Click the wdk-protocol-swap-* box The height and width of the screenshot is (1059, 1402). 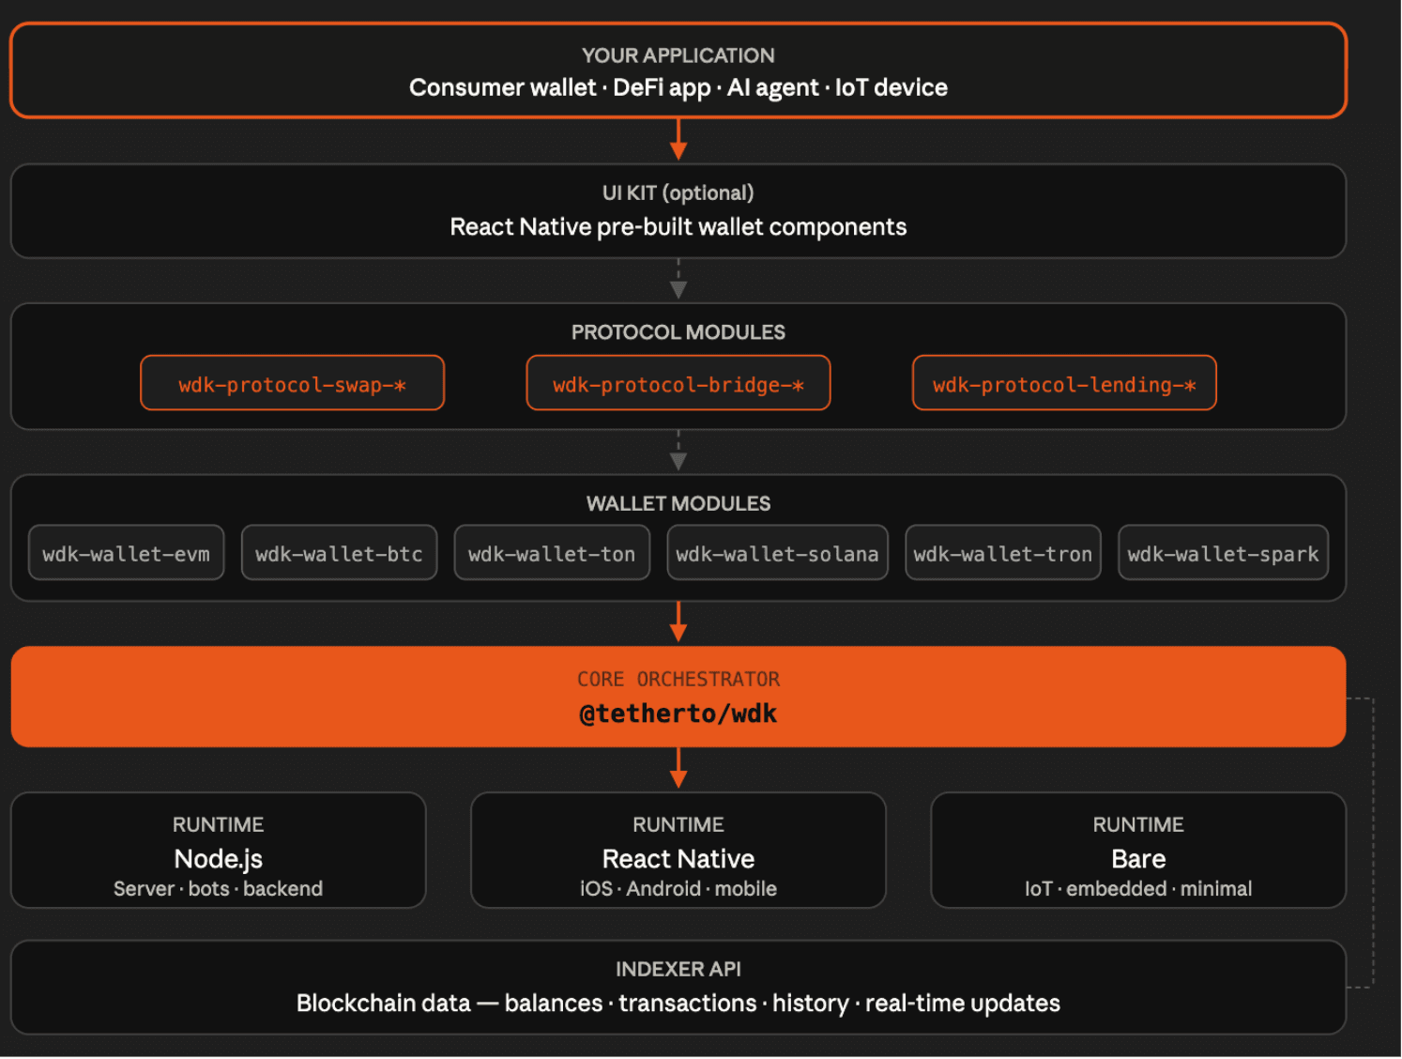pyautogui.click(x=292, y=383)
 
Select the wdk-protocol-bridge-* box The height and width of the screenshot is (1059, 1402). pyautogui.click(x=678, y=383)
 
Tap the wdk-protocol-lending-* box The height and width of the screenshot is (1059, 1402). pyautogui.click(x=1064, y=383)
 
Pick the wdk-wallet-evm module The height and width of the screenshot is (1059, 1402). pyautogui.click(x=126, y=552)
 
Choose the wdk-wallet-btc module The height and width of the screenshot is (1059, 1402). pyautogui.click(x=339, y=552)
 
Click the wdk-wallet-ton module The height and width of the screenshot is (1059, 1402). pyautogui.click(x=552, y=552)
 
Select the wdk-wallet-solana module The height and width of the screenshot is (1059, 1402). pyautogui.click(x=777, y=552)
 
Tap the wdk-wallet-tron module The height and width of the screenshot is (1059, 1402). pyautogui.click(x=1003, y=552)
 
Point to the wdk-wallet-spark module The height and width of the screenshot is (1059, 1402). pyautogui.click(x=1223, y=552)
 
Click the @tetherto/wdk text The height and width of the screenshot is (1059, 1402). pyautogui.click(x=678, y=714)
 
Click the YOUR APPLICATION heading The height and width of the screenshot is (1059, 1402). pyautogui.click(x=678, y=55)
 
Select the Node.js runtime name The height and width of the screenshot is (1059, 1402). pyautogui.click(x=218, y=859)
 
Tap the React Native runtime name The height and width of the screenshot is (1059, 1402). pyautogui.click(x=678, y=859)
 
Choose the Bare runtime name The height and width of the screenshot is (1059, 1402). pyautogui.click(x=1138, y=859)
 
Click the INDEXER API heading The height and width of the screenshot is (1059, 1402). pyautogui.click(x=678, y=969)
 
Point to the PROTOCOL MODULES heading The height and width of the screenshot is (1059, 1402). pyautogui.click(x=678, y=332)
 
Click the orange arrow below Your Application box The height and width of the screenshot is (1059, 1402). pyautogui.click(x=678, y=139)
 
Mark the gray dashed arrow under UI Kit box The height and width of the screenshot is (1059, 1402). pyautogui.click(x=678, y=279)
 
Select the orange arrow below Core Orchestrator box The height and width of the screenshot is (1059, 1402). pyautogui.click(x=678, y=768)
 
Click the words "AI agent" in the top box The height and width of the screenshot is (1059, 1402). pyautogui.click(x=773, y=87)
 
